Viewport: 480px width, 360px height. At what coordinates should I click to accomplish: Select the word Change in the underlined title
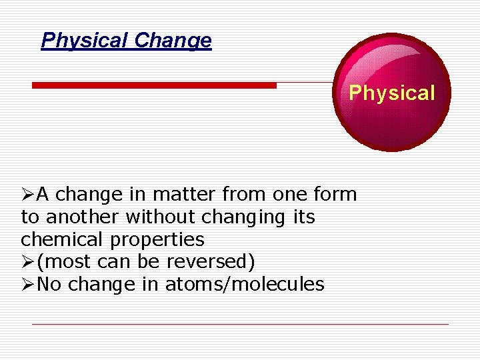tap(173, 41)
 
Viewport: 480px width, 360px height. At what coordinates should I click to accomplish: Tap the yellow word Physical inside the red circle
tap(391, 93)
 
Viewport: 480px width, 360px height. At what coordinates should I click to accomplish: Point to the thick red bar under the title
tap(154, 85)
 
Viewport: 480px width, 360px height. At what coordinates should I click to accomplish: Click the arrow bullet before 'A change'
tap(27, 195)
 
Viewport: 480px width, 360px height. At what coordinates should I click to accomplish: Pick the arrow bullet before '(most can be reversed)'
tap(27, 262)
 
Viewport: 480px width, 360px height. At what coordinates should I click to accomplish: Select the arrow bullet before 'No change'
tap(27, 285)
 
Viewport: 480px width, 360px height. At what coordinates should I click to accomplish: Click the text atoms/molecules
tap(245, 285)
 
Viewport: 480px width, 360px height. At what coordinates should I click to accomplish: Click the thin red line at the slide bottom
tap(240, 324)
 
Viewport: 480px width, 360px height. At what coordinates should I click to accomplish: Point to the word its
tap(303, 217)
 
